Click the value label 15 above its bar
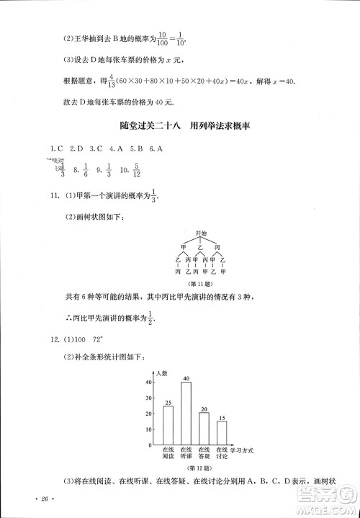(222, 417)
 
